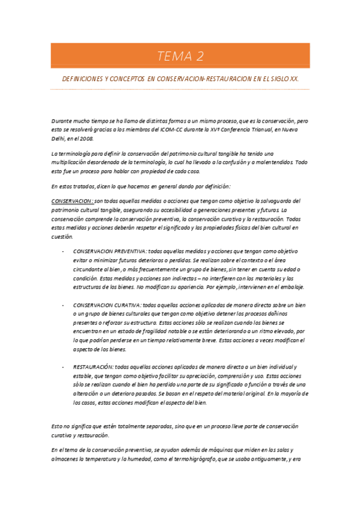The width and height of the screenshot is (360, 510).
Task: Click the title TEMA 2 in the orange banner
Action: [180, 57]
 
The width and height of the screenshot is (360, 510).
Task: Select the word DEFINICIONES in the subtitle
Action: [82, 79]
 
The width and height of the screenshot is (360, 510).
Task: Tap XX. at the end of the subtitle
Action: [294, 79]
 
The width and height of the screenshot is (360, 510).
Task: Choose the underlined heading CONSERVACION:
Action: [72, 201]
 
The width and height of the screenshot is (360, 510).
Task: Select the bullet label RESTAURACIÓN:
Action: [93, 366]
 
